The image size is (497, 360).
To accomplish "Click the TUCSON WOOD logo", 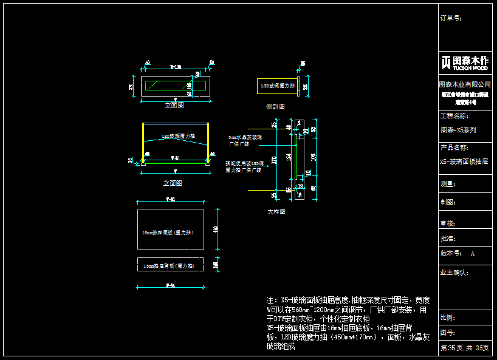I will [465, 63].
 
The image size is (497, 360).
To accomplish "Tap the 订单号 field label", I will [450, 18].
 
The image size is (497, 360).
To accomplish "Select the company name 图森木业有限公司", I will [465, 84].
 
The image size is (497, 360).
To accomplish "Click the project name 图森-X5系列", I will [458, 130].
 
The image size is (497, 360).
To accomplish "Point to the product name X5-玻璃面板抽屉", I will [464, 162].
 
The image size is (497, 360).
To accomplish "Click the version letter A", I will [473, 254].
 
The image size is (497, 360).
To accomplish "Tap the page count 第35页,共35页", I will [464, 348].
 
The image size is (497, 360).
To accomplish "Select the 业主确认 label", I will [454, 273].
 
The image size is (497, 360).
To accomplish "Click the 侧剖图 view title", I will [275, 106].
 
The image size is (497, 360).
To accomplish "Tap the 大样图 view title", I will [276, 212].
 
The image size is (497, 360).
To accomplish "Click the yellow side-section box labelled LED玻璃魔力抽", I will [276, 86].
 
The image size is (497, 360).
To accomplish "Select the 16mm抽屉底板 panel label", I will [163, 233].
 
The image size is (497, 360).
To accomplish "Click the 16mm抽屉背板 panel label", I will [163, 266].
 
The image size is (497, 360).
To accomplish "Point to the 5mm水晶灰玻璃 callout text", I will [245, 138].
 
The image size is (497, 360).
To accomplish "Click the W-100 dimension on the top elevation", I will [175, 66].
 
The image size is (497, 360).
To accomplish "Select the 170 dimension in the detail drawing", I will [274, 161].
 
